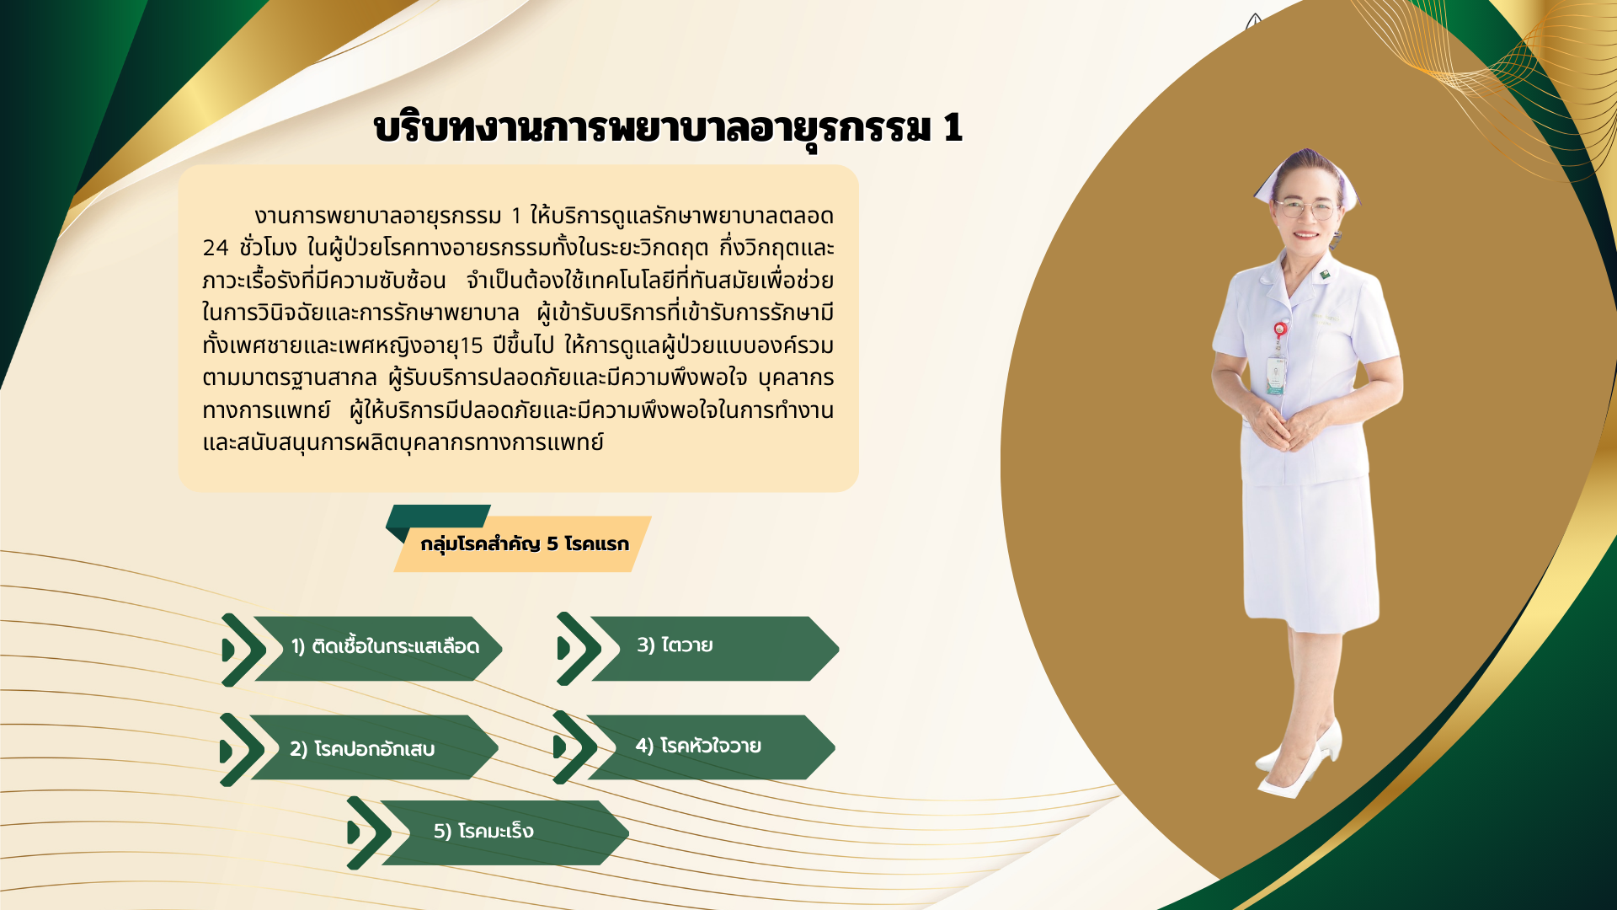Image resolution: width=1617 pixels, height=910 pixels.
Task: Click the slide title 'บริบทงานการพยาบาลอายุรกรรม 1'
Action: coord(668,128)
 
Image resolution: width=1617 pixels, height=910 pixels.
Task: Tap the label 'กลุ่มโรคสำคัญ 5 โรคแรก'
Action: coord(525,544)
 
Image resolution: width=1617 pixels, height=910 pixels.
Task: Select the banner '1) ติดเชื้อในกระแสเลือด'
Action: coord(378,648)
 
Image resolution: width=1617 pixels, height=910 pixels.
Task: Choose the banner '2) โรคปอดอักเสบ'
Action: coord(374,747)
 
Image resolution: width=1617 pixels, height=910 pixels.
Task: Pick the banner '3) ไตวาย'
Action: coord(715,648)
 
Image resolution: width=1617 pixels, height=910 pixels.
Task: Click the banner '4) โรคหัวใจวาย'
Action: coord(711,747)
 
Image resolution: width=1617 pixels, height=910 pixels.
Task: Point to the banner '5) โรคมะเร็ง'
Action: coord(504,832)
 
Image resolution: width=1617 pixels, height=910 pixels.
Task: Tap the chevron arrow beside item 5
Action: coord(370,833)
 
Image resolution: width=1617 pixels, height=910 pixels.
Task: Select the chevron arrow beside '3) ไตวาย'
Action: coord(579,649)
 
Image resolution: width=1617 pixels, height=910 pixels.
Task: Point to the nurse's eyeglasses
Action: coord(1305,208)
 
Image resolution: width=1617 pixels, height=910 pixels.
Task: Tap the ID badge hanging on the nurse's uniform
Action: coord(1277,375)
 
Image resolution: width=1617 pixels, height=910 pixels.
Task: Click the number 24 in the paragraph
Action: coord(216,248)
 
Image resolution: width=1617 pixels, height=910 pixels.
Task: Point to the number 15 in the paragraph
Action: coord(472,345)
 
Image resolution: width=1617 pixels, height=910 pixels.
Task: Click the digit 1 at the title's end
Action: coord(953,128)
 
